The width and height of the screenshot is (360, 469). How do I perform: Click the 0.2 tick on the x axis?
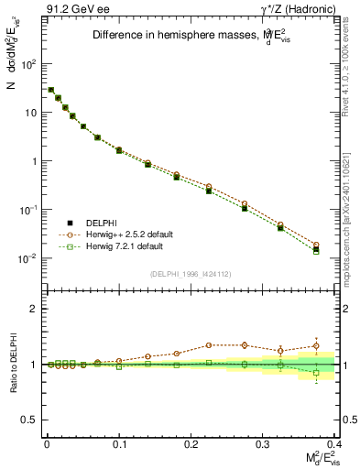click(191, 442)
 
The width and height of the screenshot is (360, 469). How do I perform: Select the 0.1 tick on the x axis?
click(118, 442)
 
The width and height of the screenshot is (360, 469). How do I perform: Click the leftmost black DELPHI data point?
click(50, 90)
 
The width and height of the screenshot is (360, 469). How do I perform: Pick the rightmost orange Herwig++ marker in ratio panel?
click(316, 346)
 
